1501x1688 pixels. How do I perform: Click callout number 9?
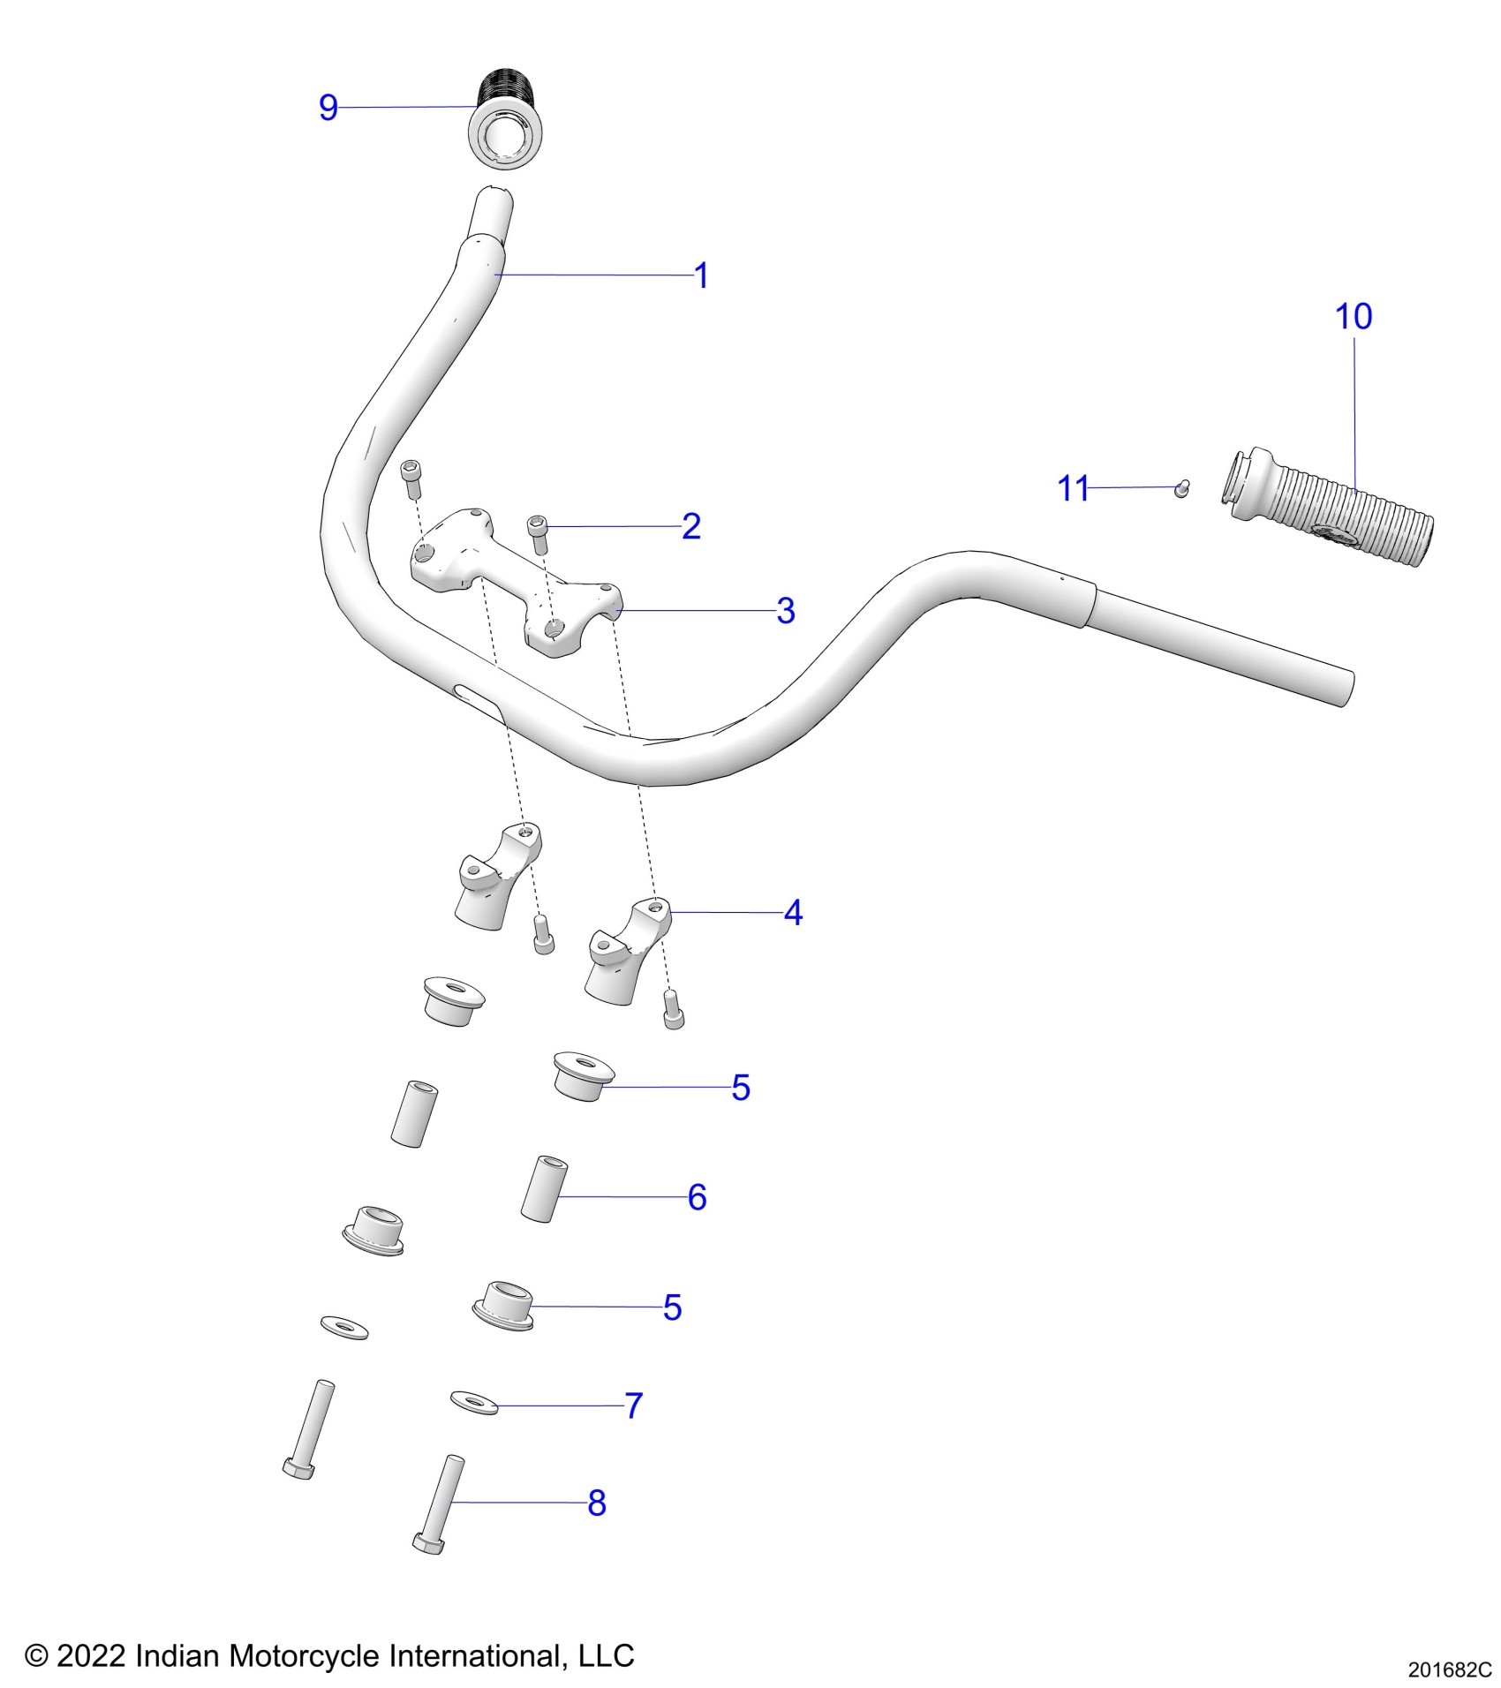click(328, 108)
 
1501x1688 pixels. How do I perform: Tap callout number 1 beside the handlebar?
click(702, 276)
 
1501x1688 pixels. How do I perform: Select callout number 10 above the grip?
click(1353, 317)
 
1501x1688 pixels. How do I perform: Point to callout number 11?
click(1073, 488)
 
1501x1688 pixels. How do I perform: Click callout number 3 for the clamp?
click(785, 611)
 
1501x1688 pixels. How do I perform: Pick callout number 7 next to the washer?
click(633, 1405)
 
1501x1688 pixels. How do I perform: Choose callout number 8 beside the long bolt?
click(597, 1503)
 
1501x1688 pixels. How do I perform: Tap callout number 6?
click(697, 1198)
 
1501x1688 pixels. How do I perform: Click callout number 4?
click(793, 913)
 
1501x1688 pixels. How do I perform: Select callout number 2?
click(691, 526)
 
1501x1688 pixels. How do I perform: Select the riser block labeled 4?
click(627, 953)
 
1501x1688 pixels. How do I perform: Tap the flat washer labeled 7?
click(474, 1402)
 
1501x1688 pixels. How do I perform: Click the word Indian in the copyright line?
click(178, 1655)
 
